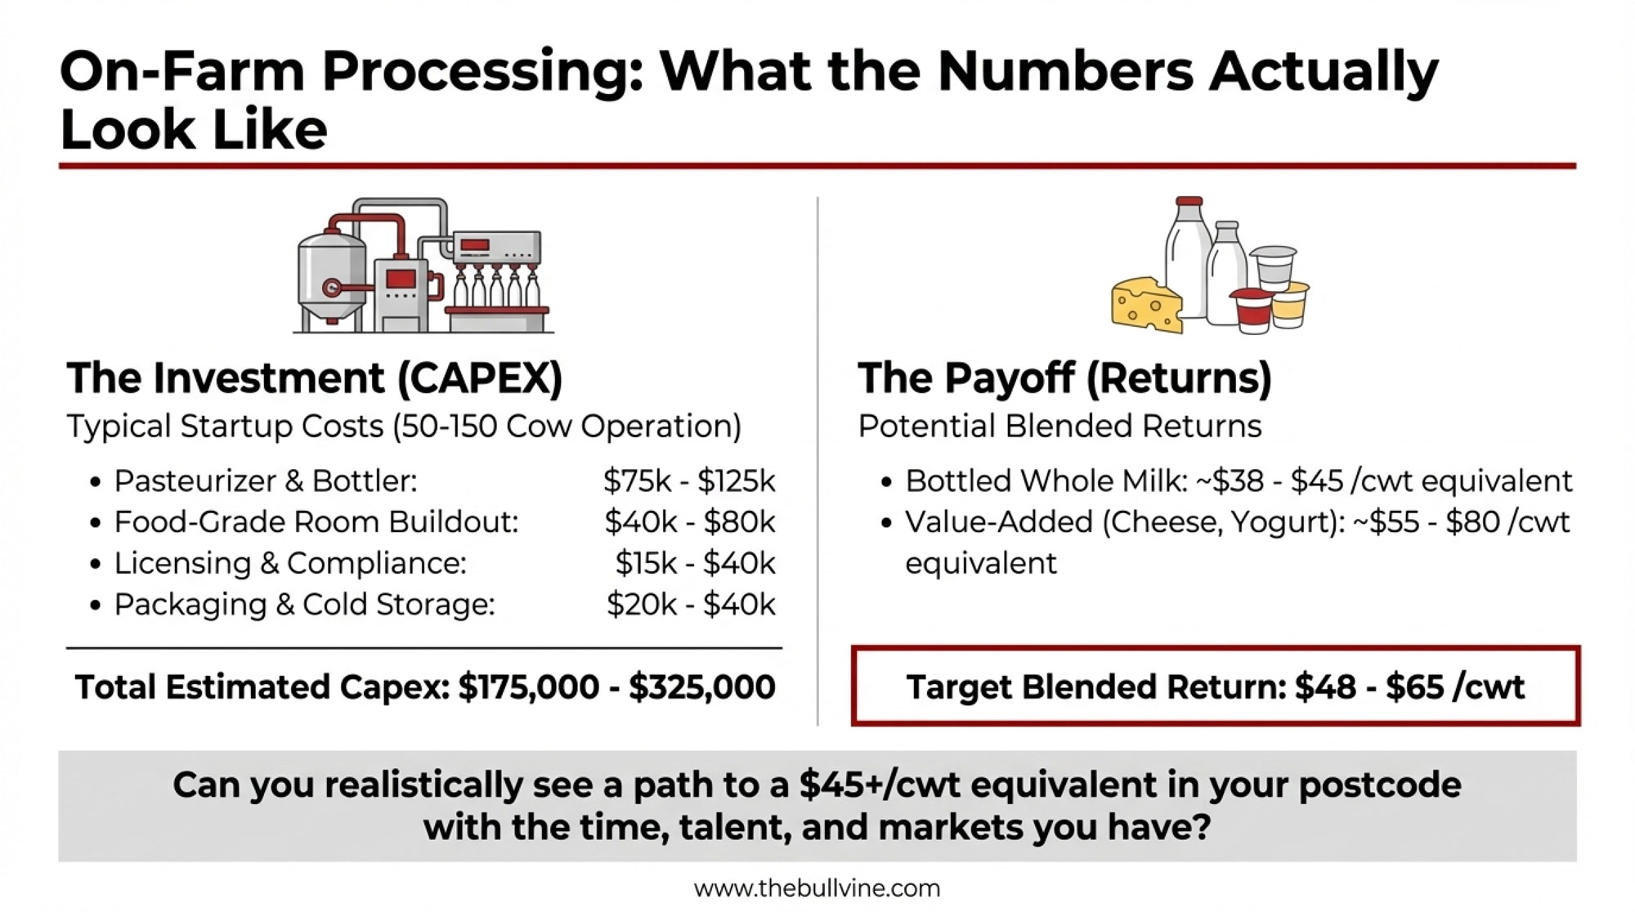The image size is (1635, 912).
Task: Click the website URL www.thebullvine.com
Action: pos(817,888)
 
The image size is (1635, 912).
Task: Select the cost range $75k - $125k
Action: pos(689,481)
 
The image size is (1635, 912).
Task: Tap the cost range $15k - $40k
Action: pos(695,563)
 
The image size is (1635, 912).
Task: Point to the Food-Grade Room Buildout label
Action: pos(316,522)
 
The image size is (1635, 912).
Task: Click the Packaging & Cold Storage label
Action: pos(304,605)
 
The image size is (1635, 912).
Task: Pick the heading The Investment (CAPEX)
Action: pos(315,378)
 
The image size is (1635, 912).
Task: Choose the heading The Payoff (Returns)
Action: pos(1064,378)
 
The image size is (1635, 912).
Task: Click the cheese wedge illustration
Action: pos(1146,304)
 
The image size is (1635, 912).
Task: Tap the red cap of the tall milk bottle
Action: pos(1189,201)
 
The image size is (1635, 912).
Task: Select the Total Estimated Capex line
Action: pos(425,687)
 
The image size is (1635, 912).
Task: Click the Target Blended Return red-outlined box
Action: pos(1215,647)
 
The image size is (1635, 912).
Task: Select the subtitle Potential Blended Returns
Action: pos(1059,427)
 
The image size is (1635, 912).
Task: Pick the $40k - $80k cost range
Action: pos(690,522)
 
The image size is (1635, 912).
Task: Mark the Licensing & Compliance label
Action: pos(290,563)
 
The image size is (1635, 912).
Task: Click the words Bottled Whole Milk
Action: pos(1046,481)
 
